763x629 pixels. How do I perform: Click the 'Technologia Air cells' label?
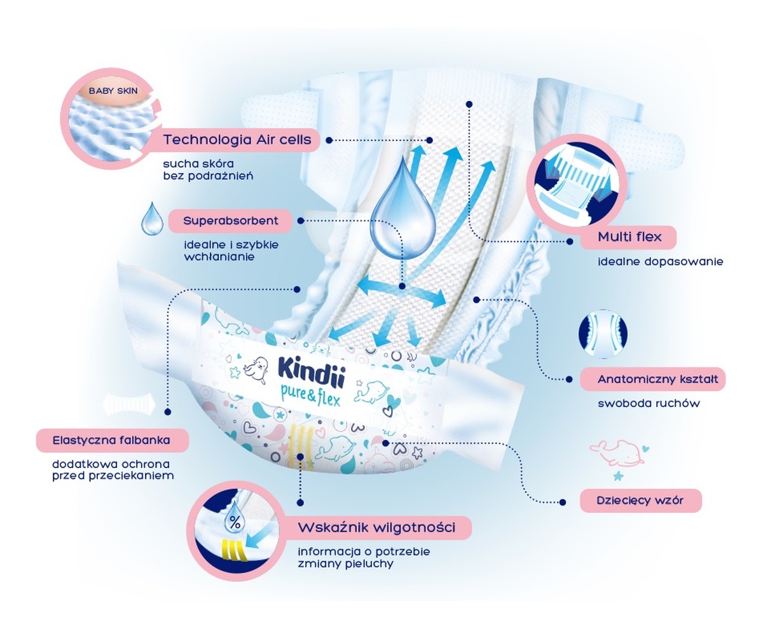click(x=238, y=140)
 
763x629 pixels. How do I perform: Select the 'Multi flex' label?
click(x=629, y=238)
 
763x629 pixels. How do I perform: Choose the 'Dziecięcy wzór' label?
click(x=640, y=500)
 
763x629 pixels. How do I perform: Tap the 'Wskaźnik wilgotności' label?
click(x=385, y=527)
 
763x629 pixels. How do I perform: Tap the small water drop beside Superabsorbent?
click(x=151, y=219)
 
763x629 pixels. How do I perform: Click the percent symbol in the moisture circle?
click(x=235, y=523)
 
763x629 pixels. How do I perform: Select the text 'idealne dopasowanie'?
click(x=660, y=261)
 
